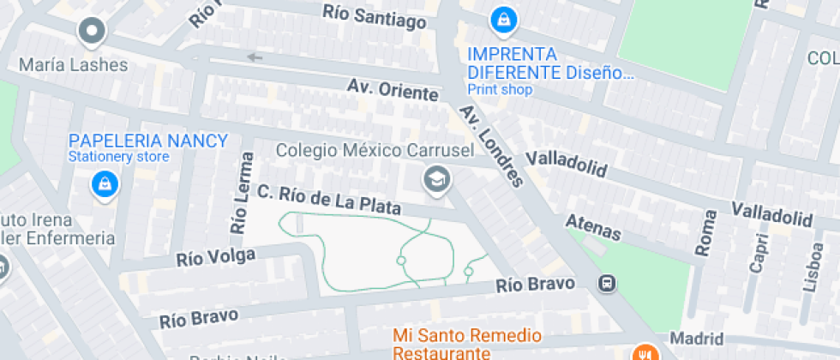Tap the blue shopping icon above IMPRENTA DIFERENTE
tap(501, 18)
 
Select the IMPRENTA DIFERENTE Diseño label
tap(549, 63)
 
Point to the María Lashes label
tap(73, 65)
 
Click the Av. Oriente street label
tap(393, 89)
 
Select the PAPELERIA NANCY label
tap(148, 141)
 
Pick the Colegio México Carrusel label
tap(376, 151)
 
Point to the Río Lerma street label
tap(243, 194)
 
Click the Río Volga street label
tap(215, 256)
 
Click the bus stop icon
tap(607, 283)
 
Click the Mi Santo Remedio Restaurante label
tap(467, 343)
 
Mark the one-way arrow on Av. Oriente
tap(254, 57)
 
